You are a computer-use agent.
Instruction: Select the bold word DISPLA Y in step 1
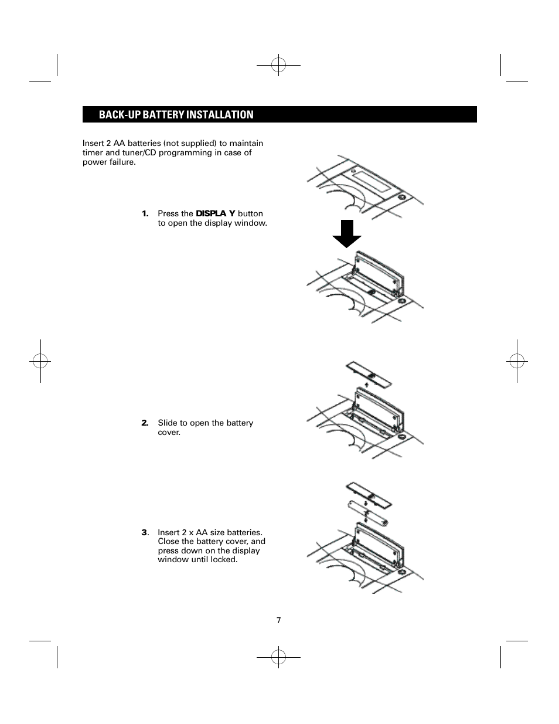(x=215, y=214)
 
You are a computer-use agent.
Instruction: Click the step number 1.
(x=145, y=214)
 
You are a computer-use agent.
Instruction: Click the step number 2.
(x=145, y=423)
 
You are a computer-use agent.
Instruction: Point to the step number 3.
(x=145, y=533)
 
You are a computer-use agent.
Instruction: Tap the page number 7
(x=279, y=620)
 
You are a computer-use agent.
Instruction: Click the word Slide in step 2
(x=168, y=423)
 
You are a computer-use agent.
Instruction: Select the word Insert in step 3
(x=168, y=533)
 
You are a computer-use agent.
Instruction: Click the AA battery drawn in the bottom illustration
(x=369, y=512)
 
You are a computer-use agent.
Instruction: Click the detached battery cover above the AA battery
(x=369, y=495)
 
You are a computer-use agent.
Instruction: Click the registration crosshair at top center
(x=279, y=66)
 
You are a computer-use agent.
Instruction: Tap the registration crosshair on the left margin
(x=40, y=361)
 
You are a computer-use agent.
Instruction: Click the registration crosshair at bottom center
(x=279, y=658)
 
